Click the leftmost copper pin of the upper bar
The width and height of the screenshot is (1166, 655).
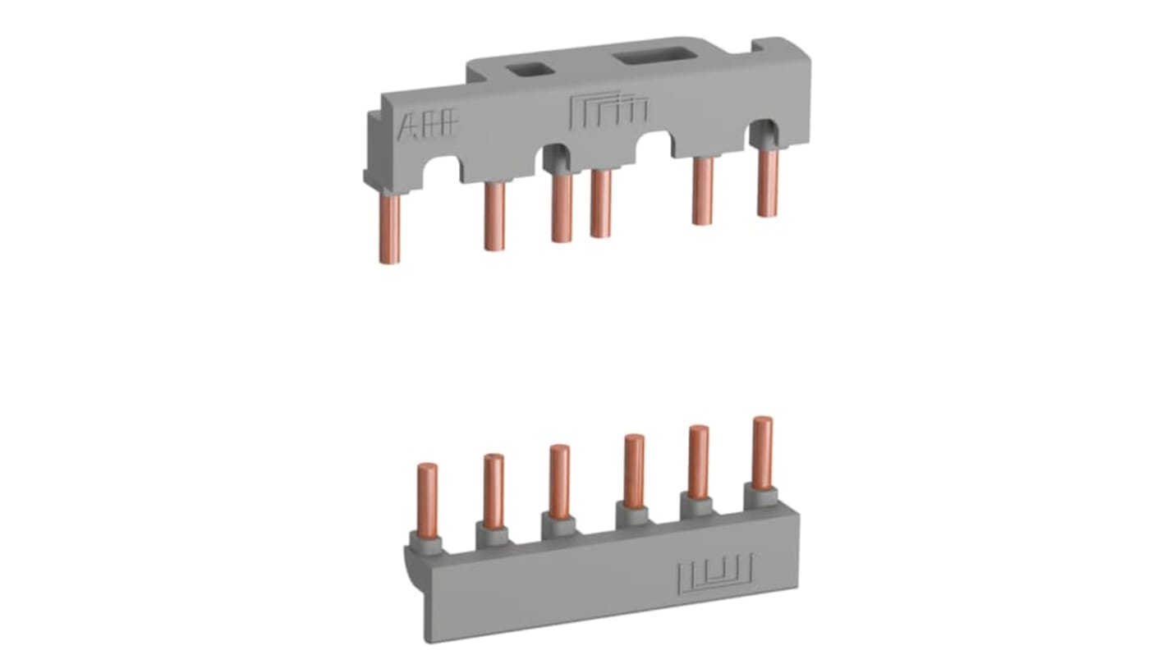pos(390,229)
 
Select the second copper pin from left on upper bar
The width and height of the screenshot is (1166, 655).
pos(494,215)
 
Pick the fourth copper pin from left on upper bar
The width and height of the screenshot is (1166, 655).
pos(601,203)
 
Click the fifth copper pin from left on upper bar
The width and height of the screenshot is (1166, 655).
pos(702,190)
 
